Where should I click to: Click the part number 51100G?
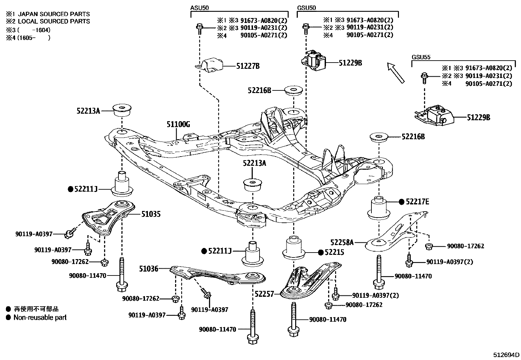click(178, 124)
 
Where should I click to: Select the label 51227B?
click(248, 66)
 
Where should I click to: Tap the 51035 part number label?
click(151, 214)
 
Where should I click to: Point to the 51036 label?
click(149, 269)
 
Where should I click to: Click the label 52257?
click(264, 294)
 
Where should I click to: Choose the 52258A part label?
click(342, 242)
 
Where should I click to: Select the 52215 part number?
click(334, 252)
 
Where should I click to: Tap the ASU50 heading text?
click(199, 7)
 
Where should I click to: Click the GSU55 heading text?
click(421, 57)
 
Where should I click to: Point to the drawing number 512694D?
click(506, 354)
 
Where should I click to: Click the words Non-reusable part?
click(40, 317)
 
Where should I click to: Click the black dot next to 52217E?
click(402, 202)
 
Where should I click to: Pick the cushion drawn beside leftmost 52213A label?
click(122, 110)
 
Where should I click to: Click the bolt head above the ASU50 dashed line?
click(199, 27)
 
